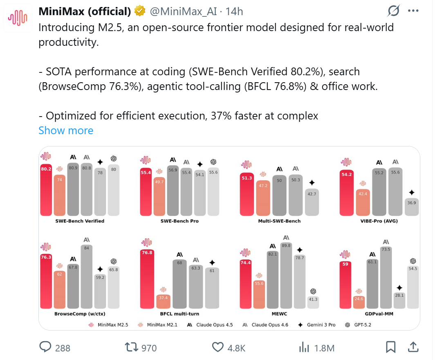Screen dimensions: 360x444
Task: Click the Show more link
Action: [x=66, y=130]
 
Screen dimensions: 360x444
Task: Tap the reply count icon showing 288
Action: [x=45, y=347]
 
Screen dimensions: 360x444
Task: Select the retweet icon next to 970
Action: [x=131, y=347]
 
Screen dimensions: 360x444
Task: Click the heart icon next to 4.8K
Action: [x=218, y=347]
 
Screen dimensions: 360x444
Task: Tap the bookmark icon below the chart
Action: [x=391, y=347]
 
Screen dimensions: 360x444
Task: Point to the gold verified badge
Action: [x=140, y=12]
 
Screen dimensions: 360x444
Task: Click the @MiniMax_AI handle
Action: [x=183, y=12]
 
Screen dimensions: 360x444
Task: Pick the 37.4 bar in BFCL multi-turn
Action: [x=163, y=301]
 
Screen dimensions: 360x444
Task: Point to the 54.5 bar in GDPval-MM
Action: [x=413, y=287]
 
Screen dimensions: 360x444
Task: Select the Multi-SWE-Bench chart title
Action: [x=279, y=221]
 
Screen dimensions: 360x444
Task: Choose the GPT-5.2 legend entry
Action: [x=359, y=325]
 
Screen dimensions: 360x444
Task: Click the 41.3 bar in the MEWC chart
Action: [x=313, y=302]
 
